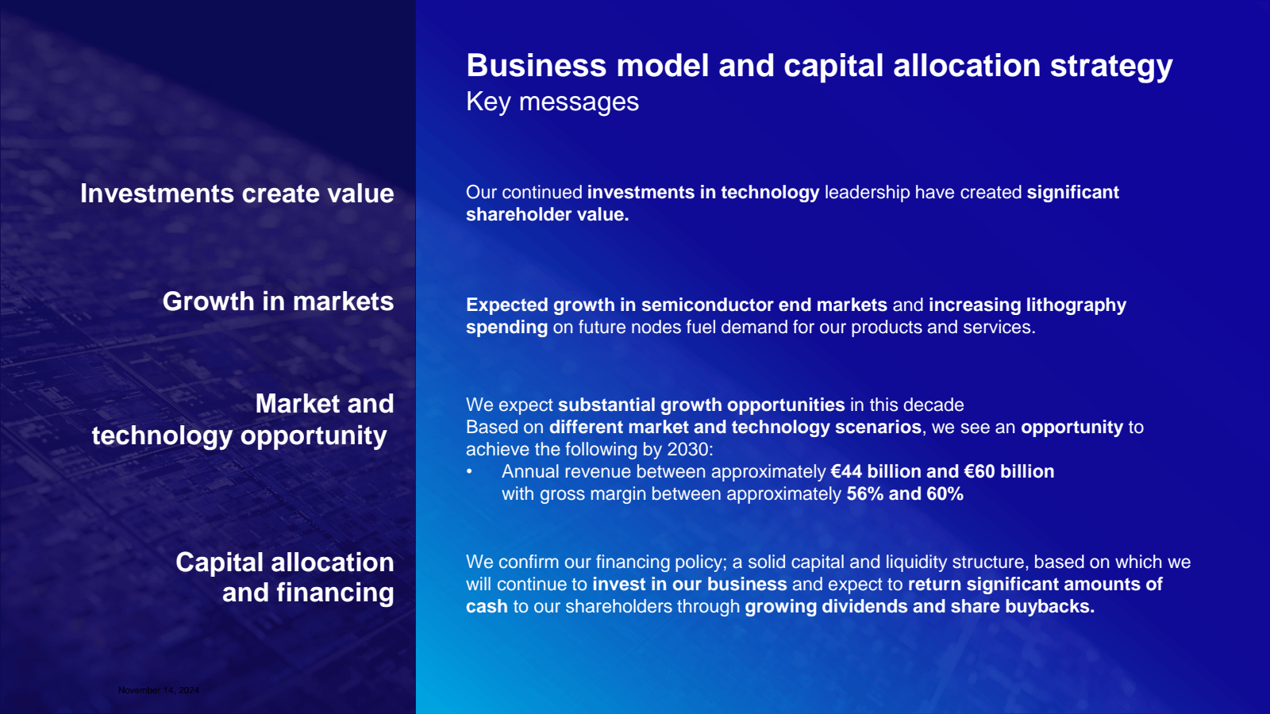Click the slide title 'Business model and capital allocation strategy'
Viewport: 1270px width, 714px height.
coord(819,67)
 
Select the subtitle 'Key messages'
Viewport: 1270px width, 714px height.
coord(552,102)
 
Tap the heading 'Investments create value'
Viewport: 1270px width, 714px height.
coord(237,194)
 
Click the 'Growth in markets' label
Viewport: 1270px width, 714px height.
coord(278,301)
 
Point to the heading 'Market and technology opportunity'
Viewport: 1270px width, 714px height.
coord(243,420)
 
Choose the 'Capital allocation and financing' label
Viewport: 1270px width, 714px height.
coord(285,578)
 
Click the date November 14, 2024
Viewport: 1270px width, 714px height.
coord(159,690)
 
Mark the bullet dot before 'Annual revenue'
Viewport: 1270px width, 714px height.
coord(469,471)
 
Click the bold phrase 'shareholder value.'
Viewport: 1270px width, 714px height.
coord(548,215)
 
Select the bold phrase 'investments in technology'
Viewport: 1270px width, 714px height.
coord(703,193)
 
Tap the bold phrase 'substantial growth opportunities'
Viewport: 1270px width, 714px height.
coord(702,405)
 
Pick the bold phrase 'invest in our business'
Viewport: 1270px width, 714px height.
coord(690,584)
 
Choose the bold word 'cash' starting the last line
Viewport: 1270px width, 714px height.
coord(487,607)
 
